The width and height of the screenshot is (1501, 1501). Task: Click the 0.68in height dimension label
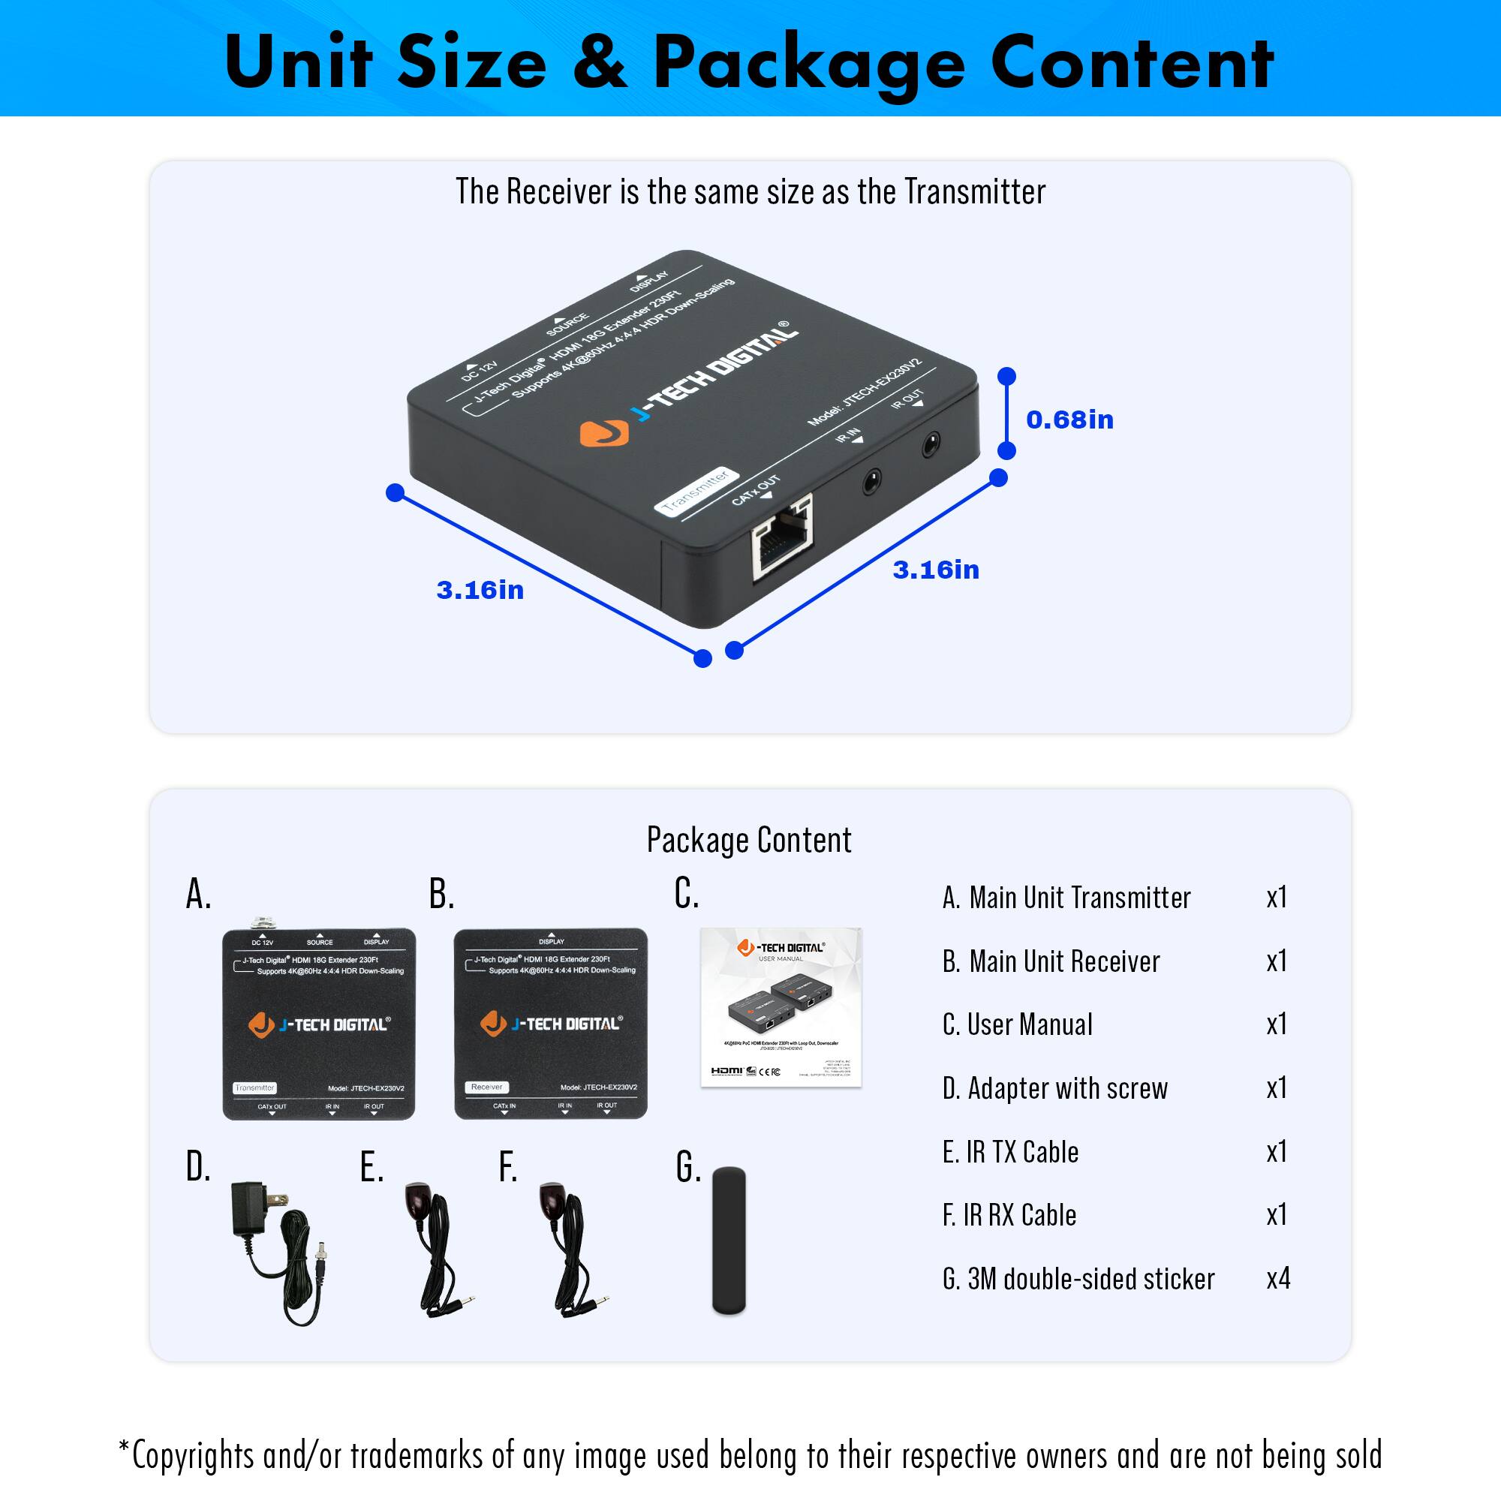1069,420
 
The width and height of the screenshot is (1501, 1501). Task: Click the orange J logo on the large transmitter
603,433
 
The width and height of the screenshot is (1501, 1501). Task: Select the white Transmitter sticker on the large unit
696,492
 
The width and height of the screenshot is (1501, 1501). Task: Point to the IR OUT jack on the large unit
930,445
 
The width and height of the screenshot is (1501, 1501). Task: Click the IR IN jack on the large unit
871,482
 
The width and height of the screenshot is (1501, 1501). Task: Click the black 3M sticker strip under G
729,1241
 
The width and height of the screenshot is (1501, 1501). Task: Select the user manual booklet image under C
781,1007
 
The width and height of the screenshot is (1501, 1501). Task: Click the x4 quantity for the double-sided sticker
1278,1278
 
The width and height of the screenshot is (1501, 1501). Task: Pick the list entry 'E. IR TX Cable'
1010,1151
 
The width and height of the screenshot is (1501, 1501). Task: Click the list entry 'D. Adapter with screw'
1054,1087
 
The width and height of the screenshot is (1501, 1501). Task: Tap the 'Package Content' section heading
749,840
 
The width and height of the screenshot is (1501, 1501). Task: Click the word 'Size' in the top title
471,62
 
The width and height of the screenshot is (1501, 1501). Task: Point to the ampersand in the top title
599,62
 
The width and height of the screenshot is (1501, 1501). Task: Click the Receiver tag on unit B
487,1087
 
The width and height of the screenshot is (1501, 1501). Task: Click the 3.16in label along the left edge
480,591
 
